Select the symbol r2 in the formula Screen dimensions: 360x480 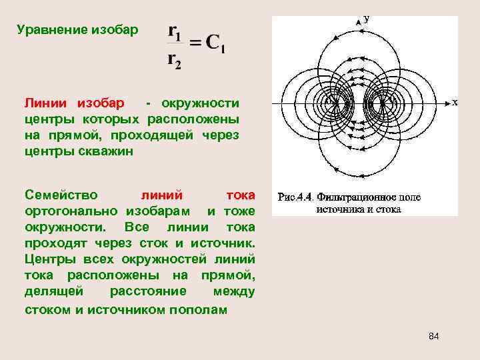click(174, 61)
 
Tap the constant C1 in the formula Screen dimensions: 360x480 click(215, 45)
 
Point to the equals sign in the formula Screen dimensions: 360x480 click(195, 45)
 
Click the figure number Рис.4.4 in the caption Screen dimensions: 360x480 click(295, 197)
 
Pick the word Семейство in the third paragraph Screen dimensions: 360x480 click(61, 195)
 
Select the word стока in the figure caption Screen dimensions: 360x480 click(389, 209)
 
